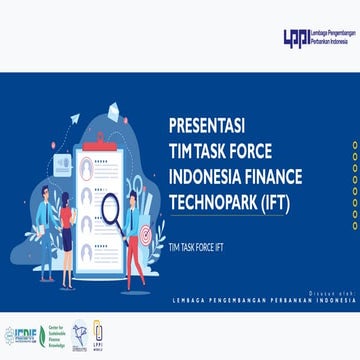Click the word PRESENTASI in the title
coord(207,127)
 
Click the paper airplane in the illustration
coord(74,118)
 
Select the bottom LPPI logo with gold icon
coord(97,333)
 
